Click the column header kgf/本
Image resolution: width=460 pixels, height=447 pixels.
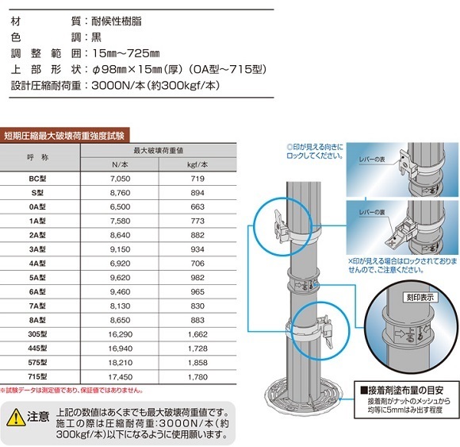(x=199, y=164)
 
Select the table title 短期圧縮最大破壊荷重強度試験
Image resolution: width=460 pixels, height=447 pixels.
(x=65, y=135)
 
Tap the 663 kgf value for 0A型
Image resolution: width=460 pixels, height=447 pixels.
(x=199, y=207)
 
